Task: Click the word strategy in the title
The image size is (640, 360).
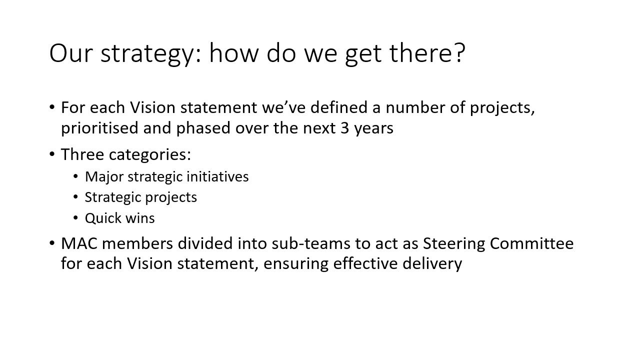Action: pos(147,54)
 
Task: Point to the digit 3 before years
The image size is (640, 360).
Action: pos(345,128)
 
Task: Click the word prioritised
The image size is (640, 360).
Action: pos(99,128)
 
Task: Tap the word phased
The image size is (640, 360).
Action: pos(203,128)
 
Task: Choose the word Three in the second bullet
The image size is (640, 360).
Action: pos(82,154)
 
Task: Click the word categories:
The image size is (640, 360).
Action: pos(150,155)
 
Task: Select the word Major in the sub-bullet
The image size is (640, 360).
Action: pos(104,177)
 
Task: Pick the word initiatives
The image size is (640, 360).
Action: pos(217,176)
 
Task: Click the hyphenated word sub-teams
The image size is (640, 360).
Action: pos(311,243)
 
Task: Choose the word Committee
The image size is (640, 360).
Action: pos(531,243)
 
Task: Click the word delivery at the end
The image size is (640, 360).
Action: pos(432,263)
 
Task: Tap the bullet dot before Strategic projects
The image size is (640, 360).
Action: pos(75,197)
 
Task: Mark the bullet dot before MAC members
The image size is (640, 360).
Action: pos(51,243)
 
